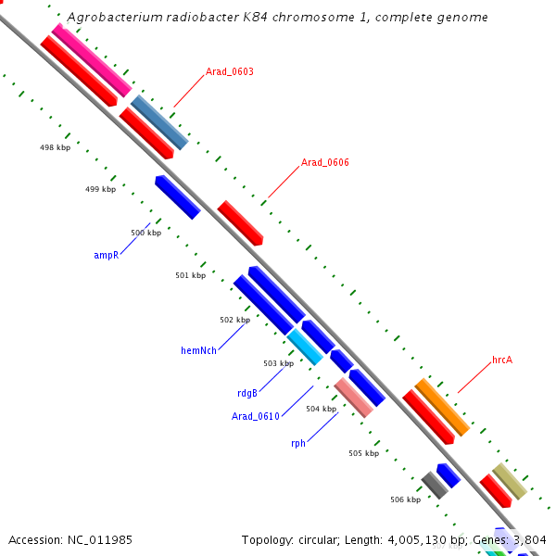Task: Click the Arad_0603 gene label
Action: point(230,71)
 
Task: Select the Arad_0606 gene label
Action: point(324,162)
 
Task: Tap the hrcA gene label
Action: point(502,360)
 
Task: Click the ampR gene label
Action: point(107,254)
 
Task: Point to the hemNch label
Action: point(198,350)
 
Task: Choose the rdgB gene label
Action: point(247,393)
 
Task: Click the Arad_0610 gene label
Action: point(256,416)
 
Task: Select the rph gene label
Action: point(298,443)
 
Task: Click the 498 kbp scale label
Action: point(55,147)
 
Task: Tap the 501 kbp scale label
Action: point(190,275)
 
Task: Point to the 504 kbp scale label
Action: point(321,409)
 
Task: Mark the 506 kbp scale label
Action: point(405,499)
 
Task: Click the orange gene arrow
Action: point(442,408)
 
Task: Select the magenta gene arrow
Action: point(91,60)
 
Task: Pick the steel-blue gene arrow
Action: point(159,121)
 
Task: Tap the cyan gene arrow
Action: point(305,346)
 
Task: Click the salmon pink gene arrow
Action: point(354,398)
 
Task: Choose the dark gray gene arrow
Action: point(434,485)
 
